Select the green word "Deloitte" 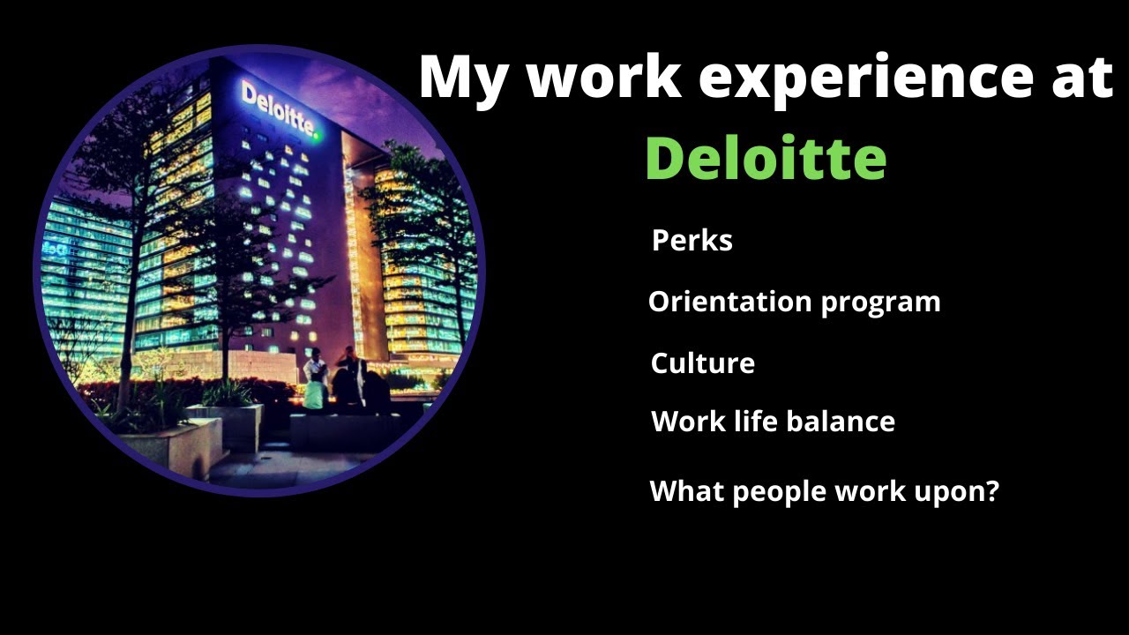click(766, 159)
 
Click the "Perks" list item click(692, 241)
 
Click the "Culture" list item click(702, 363)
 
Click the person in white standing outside click(315, 379)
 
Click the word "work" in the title click(603, 78)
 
